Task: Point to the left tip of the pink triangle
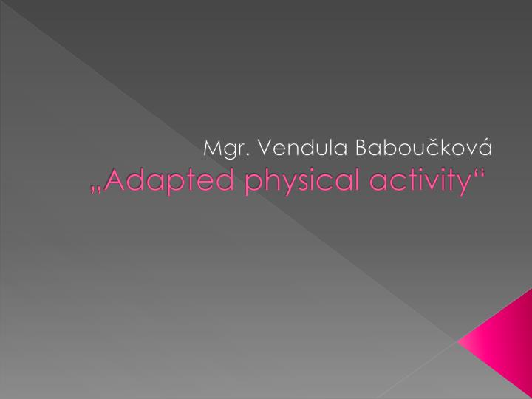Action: (460, 341)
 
